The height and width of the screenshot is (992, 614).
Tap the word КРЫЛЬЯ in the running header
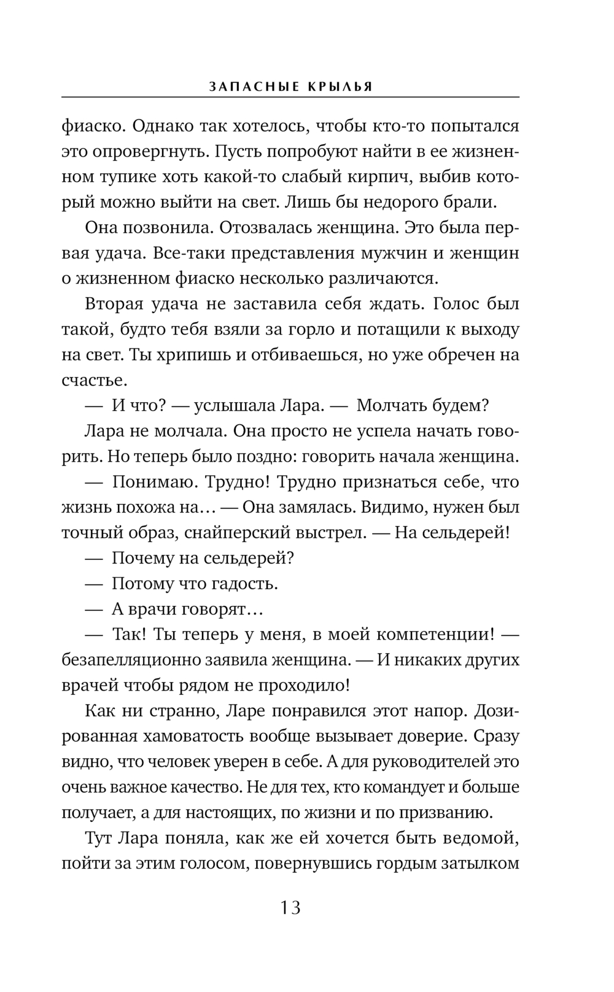tap(338, 87)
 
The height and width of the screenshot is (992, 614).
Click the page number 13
tap(290, 907)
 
